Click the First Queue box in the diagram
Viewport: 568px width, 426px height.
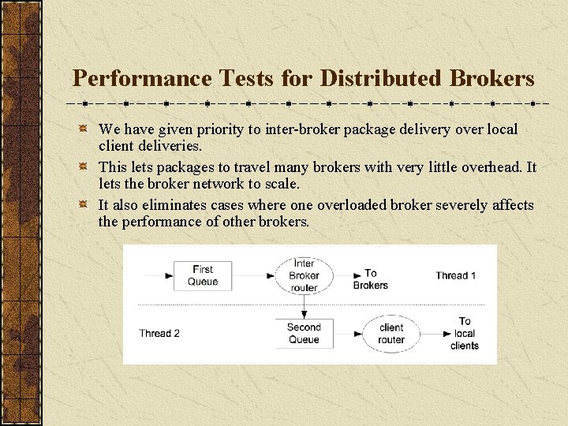click(203, 275)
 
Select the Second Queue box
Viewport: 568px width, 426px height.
click(304, 333)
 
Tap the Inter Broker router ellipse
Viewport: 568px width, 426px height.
click(304, 275)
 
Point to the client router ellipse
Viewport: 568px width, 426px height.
click(391, 333)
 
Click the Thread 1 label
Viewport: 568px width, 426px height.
click(456, 275)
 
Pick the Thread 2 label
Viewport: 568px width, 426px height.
click(159, 333)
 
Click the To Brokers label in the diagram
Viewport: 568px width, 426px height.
click(370, 279)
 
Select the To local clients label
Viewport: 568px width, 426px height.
click(465, 333)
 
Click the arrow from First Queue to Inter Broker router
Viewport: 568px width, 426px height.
click(252, 275)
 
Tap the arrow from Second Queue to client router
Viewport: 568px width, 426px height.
click(347, 333)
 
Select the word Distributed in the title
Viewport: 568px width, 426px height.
click(364, 79)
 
